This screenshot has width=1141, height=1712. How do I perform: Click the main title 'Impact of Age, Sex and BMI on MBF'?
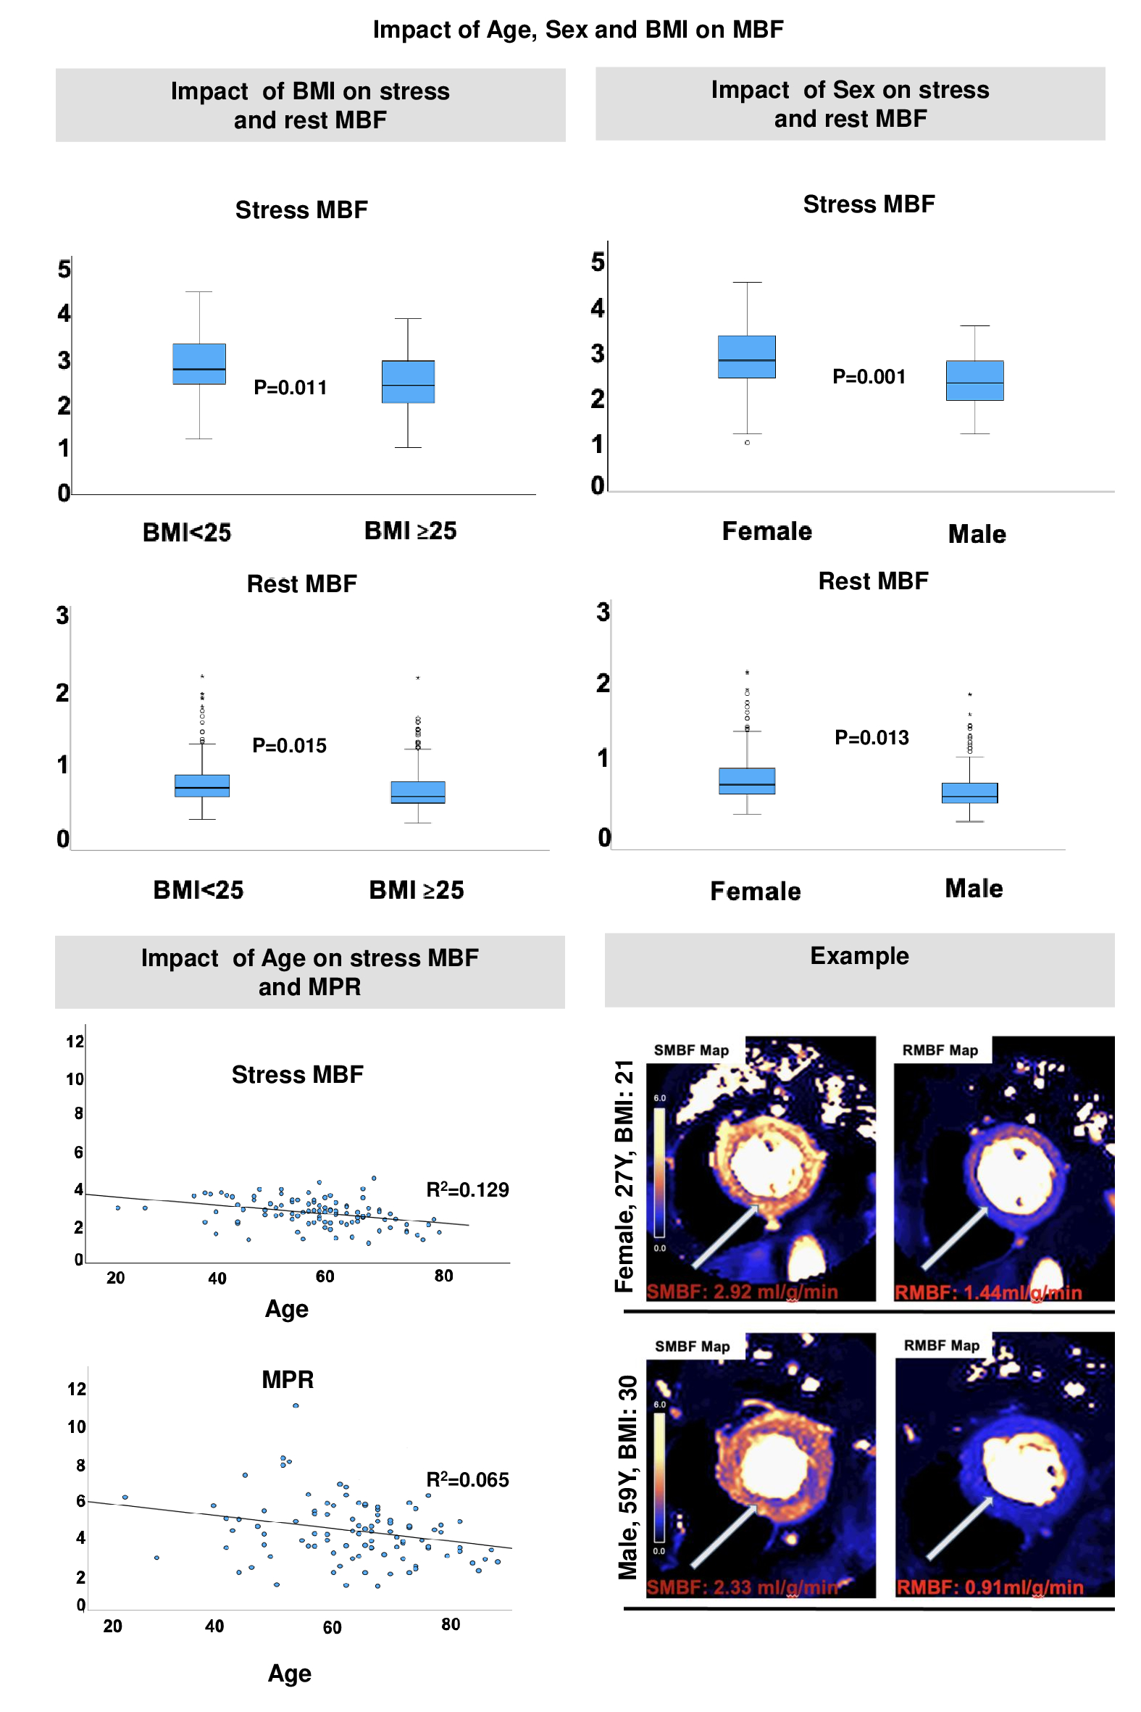(x=578, y=29)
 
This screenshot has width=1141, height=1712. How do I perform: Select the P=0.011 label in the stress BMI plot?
(x=290, y=387)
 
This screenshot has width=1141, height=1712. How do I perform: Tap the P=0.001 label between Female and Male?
(x=869, y=377)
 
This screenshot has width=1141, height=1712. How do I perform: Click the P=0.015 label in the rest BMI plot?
(x=289, y=745)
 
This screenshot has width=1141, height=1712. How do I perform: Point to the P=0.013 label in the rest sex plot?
(x=871, y=737)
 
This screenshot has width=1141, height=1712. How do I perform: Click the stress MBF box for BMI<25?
(x=198, y=364)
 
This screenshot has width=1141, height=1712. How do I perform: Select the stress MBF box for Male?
(x=974, y=381)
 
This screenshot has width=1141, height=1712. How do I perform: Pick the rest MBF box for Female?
(x=747, y=781)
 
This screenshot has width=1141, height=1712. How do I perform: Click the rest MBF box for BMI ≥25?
(x=418, y=792)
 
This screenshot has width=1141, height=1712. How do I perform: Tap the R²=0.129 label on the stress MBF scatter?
(x=467, y=1189)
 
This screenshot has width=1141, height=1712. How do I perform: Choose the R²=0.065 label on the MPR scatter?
(x=467, y=1479)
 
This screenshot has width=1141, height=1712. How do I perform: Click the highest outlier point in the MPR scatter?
(x=296, y=1405)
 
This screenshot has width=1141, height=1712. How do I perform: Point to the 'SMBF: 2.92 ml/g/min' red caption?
(x=743, y=1292)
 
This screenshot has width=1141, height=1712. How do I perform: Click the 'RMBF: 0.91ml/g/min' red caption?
(x=990, y=1587)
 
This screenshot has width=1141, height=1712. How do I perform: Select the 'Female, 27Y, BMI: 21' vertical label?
(x=624, y=1176)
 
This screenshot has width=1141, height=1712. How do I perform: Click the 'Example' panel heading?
(x=859, y=956)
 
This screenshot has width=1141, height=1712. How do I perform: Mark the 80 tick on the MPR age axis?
(x=451, y=1624)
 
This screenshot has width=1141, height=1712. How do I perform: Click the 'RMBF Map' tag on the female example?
(x=940, y=1050)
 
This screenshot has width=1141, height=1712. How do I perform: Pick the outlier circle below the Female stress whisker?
(x=748, y=443)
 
